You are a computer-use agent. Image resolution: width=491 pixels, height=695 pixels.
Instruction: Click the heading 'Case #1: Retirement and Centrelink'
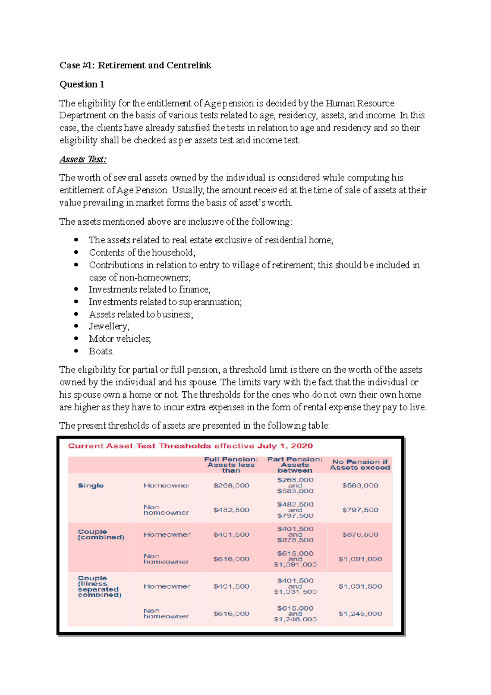coord(135,65)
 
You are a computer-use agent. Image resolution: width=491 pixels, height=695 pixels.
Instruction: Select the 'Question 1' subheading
coord(82,84)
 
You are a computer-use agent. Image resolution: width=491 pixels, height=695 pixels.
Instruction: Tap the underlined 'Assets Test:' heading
coord(83,159)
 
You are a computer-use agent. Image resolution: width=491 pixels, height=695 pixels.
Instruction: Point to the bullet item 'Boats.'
coord(101,351)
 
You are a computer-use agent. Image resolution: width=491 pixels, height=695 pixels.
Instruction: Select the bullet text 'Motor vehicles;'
coord(120,338)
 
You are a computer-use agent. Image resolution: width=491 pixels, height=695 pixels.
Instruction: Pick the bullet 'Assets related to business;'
coord(141,314)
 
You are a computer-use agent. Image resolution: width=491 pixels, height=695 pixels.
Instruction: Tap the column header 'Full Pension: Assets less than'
coord(231,465)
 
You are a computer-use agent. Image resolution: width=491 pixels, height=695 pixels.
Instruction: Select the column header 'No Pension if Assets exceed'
coord(360,465)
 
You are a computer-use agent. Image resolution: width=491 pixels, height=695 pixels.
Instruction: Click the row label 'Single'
coord(91,485)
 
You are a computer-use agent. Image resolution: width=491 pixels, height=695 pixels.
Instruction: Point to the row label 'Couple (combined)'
coord(101,535)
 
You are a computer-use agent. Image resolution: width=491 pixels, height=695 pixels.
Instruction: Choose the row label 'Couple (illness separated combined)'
coord(99,587)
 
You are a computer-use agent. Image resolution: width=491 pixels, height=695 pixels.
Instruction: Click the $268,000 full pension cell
coord(231,485)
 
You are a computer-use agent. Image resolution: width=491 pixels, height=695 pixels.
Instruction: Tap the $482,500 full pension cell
coord(231,510)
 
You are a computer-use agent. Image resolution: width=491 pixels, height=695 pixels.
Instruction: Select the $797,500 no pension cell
coord(360,510)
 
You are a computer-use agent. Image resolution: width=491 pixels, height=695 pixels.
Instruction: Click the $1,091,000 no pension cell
coord(360,559)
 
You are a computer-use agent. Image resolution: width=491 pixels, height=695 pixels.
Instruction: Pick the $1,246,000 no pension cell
coord(360,614)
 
